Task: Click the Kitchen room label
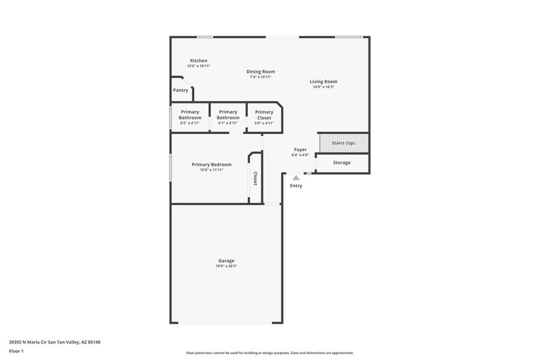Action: [198, 61]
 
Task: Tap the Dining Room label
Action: [260, 72]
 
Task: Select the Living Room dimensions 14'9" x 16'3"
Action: [323, 87]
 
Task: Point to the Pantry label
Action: [181, 90]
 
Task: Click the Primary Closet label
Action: [264, 114]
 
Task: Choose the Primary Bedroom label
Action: [211, 164]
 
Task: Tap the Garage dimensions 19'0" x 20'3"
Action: [226, 266]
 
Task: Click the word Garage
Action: [226, 261]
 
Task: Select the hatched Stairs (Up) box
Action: [343, 143]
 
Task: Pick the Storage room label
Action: [342, 163]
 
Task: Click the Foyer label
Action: [300, 149]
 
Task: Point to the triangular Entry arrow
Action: [296, 177]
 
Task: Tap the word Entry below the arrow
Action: [296, 186]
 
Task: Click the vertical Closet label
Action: [255, 178]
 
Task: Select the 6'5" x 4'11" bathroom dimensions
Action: [190, 123]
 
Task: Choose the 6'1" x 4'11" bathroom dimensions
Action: [228, 123]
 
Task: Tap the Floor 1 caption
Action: [17, 351]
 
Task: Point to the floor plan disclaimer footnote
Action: [269, 353]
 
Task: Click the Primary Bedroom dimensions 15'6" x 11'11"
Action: [211, 170]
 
